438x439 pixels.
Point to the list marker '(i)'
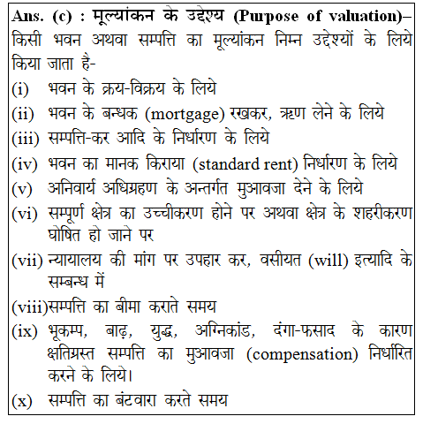[22, 89]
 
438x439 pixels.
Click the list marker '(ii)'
[24, 114]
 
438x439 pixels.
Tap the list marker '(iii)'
[26, 139]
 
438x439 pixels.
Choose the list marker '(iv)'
[26, 163]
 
